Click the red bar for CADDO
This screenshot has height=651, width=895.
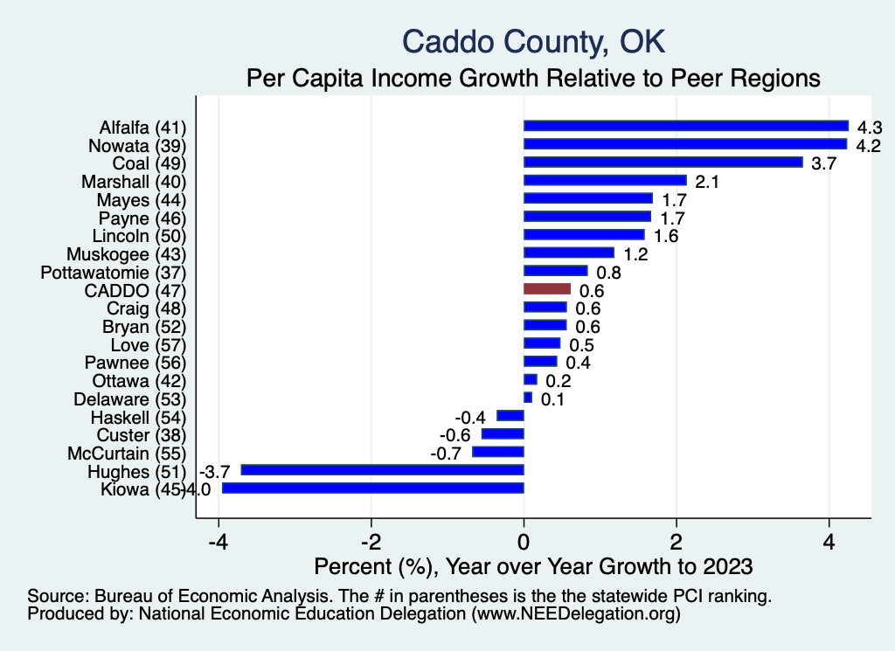point(547,289)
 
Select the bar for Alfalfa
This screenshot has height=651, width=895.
point(686,126)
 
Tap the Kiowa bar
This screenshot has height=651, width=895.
point(373,488)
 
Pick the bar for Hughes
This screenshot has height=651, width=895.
point(383,470)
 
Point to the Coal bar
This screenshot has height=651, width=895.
point(663,163)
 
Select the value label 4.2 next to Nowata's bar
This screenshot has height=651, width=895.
point(868,145)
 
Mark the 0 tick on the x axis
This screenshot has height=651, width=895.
point(524,539)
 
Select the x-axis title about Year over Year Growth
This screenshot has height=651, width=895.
point(533,566)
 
